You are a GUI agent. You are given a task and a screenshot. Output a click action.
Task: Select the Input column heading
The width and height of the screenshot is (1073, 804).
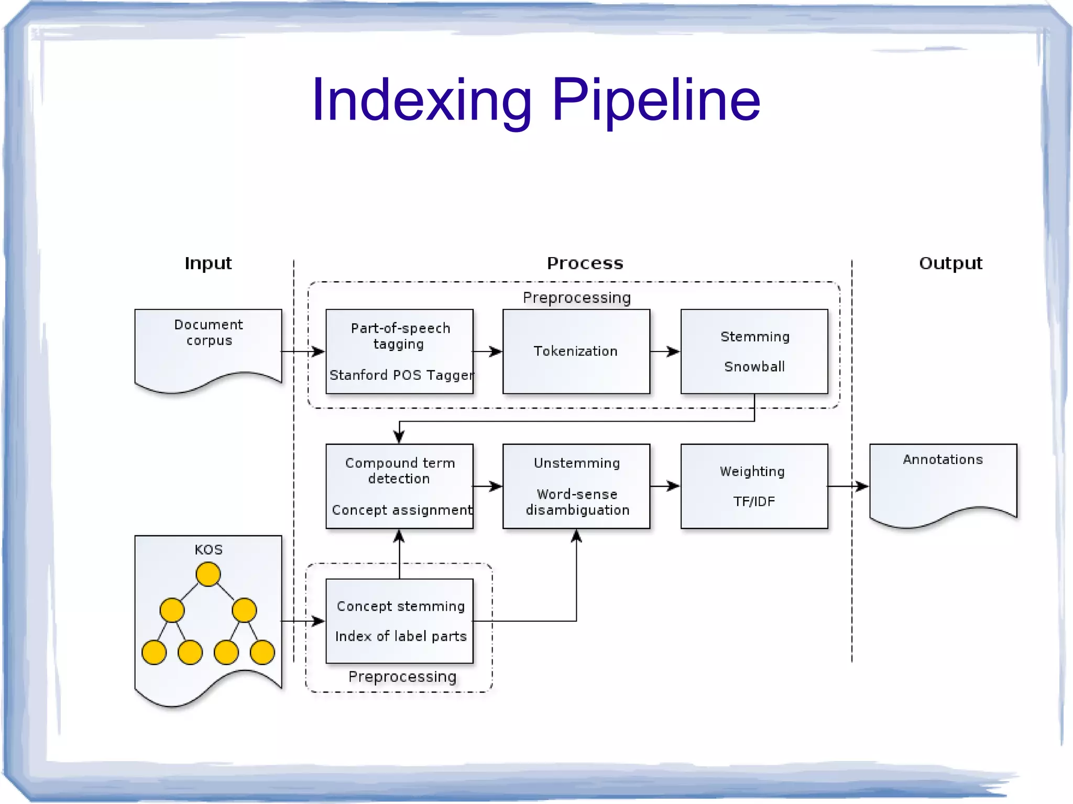tap(208, 263)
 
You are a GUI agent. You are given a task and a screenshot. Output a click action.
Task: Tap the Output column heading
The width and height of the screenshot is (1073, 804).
tap(950, 263)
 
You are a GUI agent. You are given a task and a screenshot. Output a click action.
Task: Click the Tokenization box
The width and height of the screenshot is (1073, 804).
tap(576, 351)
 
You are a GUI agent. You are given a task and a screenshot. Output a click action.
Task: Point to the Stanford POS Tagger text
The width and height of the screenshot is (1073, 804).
tap(401, 375)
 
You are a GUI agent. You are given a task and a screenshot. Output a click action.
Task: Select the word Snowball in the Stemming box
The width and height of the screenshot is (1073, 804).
tap(754, 367)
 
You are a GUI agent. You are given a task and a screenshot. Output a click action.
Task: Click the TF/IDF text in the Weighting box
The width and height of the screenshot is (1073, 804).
tap(754, 502)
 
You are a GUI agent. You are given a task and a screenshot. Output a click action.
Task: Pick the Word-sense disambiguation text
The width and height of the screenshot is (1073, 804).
tap(577, 502)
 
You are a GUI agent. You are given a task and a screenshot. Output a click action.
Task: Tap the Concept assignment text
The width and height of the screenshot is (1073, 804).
tap(401, 510)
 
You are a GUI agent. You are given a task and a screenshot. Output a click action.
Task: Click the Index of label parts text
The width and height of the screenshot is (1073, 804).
tap(401, 636)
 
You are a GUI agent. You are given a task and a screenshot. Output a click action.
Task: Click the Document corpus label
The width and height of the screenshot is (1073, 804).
tap(209, 332)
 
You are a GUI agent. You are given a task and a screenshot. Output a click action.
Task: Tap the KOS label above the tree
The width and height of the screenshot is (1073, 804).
tap(209, 549)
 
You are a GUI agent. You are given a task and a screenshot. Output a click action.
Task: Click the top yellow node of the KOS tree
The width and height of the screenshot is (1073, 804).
tap(208, 574)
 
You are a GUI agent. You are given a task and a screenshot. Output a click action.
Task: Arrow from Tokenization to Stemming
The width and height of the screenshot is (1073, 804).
tap(665, 351)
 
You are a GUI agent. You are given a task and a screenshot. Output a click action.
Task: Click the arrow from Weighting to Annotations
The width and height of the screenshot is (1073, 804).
tap(848, 486)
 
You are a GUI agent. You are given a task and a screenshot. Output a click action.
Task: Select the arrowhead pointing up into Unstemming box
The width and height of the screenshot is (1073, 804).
tap(576, 536)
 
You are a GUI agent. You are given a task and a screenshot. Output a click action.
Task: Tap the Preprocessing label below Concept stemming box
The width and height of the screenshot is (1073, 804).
tap(402, 677)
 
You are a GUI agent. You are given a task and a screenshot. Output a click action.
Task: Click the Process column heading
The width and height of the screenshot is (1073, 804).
tap(585, 263)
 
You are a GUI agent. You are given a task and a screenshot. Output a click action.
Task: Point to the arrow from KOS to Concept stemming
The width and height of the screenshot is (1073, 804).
tap(303, 621)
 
